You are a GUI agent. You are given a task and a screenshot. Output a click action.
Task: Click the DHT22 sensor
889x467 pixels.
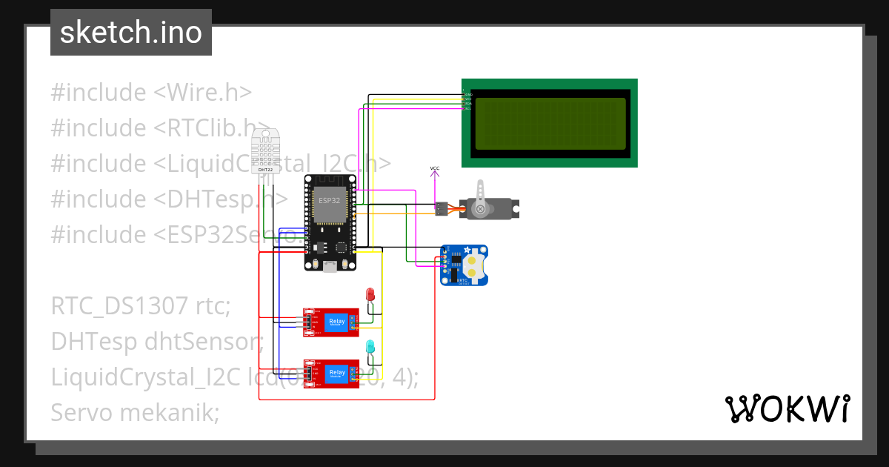coord(265,152)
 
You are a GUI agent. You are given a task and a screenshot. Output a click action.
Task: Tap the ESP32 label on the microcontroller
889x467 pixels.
coord(330,200)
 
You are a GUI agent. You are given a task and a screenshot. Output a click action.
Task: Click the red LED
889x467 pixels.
coord(370,294)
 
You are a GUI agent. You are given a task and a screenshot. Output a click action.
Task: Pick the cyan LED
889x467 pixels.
coord(370,346)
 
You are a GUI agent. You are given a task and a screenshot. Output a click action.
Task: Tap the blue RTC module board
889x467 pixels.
coord(465,265)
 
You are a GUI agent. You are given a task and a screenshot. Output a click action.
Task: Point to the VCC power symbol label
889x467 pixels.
coord(435,169)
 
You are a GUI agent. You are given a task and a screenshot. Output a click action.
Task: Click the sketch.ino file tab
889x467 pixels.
coord(131,33)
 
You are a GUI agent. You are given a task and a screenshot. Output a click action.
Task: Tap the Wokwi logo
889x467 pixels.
coord(788,408)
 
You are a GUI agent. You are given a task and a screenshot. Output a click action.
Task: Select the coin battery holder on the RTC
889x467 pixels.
coord(475,265)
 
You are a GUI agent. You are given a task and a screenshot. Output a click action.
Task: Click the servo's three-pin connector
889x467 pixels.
coord(441,209)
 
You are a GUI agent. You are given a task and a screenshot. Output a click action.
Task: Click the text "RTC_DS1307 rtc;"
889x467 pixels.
coord(141,305)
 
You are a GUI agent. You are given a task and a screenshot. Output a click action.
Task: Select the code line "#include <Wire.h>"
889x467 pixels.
coord(151,93)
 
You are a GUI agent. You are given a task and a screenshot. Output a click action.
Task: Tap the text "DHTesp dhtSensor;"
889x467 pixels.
coord(157,341)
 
